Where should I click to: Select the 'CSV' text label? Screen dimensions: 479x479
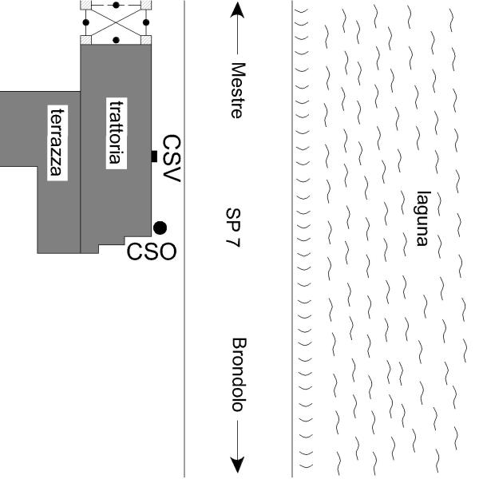172,157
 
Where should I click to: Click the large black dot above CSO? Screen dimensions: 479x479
160,228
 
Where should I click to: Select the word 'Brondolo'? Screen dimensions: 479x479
236,375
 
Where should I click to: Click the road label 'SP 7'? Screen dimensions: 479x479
233,229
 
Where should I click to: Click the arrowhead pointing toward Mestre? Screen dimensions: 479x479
236,10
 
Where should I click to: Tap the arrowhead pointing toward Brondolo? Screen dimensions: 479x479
236,465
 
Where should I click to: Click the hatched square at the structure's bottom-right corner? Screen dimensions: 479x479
147,39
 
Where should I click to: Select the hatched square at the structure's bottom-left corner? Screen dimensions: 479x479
87,39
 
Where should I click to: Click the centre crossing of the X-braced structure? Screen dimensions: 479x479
117,22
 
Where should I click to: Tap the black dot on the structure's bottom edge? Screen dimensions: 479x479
117,39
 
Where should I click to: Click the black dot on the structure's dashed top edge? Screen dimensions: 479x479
117,5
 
